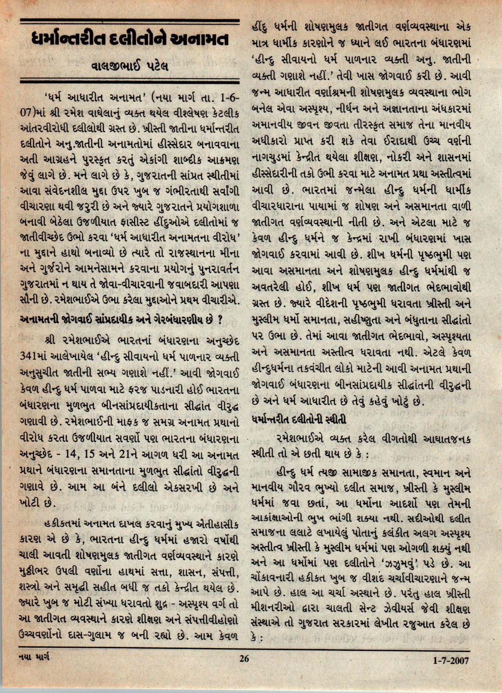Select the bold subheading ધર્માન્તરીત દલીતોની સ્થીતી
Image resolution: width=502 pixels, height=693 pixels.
click(x=299, y=419)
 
